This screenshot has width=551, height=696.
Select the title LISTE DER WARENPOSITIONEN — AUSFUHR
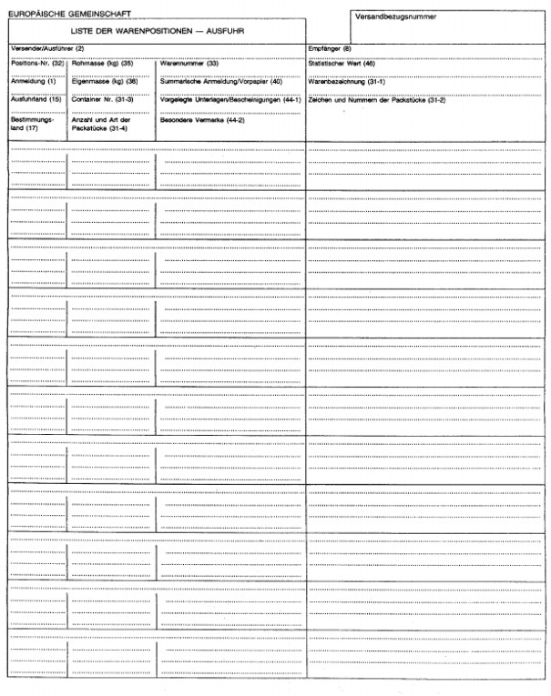155,32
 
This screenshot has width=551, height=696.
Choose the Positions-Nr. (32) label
37,65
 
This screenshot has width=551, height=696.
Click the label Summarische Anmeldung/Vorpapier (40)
221,82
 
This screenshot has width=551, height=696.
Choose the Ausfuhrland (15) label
35,99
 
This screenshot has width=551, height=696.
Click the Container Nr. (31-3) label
103,99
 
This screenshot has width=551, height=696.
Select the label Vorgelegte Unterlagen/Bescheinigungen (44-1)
230,99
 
